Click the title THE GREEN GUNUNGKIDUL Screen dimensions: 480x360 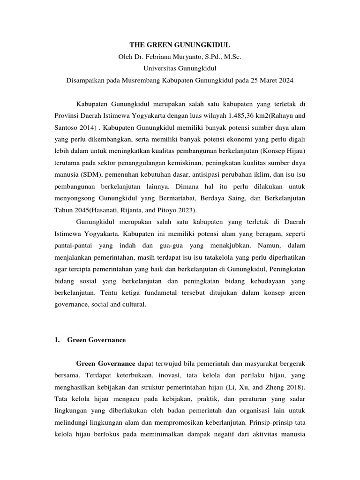(180, 45)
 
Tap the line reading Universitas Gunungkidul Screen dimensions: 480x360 (180, 69)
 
